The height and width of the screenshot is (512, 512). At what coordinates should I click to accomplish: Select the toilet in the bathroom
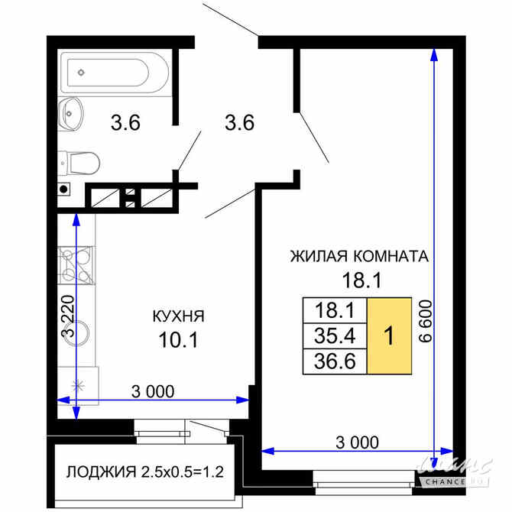point(79,162)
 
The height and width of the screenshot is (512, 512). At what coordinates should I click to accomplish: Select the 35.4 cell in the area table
point(335,335)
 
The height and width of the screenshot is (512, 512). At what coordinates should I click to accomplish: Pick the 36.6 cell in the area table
point(335,361)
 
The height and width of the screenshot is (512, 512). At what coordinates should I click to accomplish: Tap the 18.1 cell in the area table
point(335,310)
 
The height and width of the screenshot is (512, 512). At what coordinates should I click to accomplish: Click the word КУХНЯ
point(177,315)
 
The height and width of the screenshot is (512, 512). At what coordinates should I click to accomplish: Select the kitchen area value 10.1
point(177,339)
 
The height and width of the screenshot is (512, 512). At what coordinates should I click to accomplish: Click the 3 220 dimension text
point(68,316)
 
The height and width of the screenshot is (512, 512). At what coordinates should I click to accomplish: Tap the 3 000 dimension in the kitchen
point(153,391)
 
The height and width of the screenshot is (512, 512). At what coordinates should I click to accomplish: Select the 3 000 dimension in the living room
point(358,441)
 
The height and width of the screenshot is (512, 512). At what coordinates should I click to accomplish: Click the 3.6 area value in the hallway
point(238,122)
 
